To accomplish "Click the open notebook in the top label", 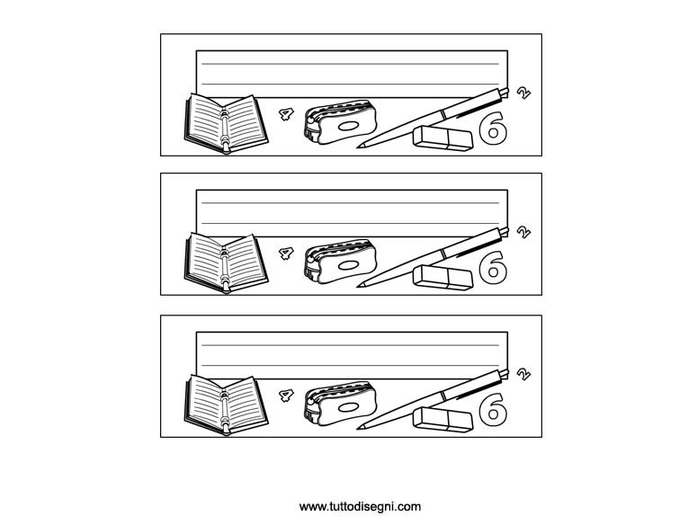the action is (x=226, y=124).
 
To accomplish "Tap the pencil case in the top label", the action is (x=341, y=122).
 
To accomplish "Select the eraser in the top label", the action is (x=442, y=138).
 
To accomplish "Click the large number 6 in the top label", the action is (x=493, y=128).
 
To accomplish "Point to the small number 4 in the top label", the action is (x=286, y=114).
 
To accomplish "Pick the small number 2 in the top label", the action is (x=523, y=93).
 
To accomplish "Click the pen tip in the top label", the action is (x=358, y=147).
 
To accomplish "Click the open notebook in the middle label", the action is (x=226, y=263).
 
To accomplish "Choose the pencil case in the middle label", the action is (x=341, y=262).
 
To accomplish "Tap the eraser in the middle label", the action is (x=442, y=278).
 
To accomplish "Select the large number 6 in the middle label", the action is (x=493, y=267).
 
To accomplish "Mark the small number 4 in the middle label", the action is (x=286, y=254).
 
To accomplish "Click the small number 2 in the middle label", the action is (x=523, y=232).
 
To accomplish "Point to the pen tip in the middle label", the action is (x=358, y=286).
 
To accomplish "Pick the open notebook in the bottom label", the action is (x=226, y=405).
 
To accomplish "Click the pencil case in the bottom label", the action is (x=341, y=404).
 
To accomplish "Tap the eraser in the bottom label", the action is (x=442, y=420).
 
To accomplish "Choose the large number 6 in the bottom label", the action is (x=493, y=409).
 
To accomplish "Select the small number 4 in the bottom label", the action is (x=286, y=396).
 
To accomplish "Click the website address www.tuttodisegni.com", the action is (x=360, y=507).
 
